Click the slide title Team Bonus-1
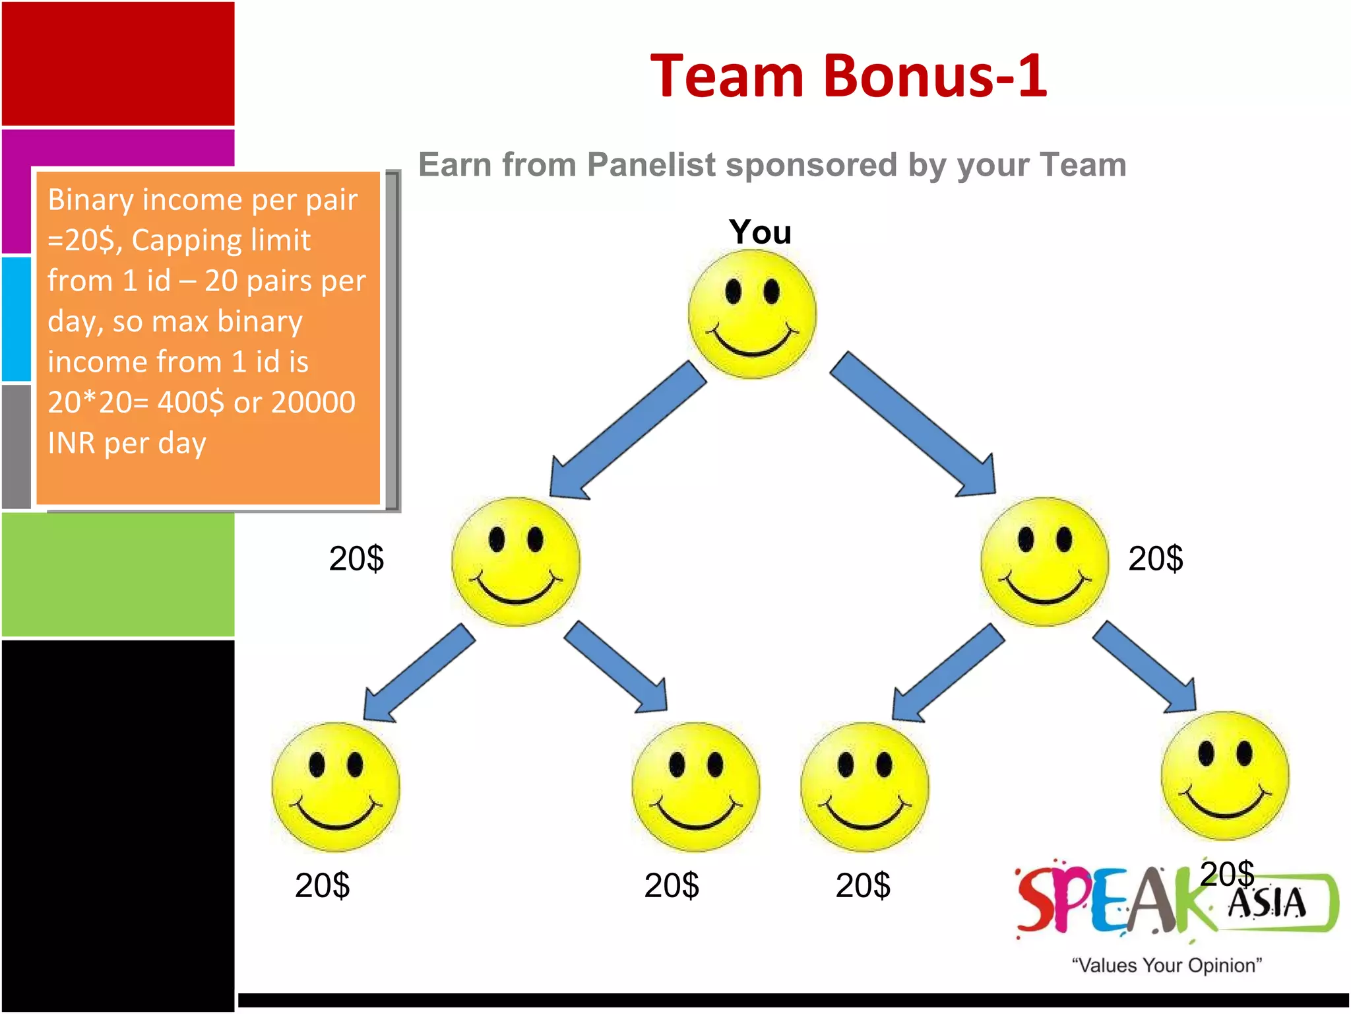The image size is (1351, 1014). tap(848, 77)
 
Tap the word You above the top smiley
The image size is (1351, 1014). tap(760, 232)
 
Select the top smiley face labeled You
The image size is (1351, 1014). tap(752, 314)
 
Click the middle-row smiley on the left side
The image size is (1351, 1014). tap(515, 562)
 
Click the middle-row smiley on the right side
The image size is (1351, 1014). tap(1044, 562)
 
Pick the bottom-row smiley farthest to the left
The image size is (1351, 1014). tap(336, 787)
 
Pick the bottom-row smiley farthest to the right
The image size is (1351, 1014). tap(1224, 776)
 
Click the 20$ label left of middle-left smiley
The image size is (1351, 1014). tap(356, 559)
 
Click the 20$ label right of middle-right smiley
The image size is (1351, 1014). tap(1156, 559)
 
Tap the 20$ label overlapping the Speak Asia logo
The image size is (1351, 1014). tap(1227, 873)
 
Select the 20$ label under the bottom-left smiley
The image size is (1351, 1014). tap(322, 885)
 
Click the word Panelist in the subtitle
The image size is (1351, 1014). tap(651, 165)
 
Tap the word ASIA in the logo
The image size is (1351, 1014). tap(1267, 904)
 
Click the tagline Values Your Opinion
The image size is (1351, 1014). tap(1166, 965)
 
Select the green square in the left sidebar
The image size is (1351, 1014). tap(118, 574)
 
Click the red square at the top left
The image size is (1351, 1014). tap(118, 63)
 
